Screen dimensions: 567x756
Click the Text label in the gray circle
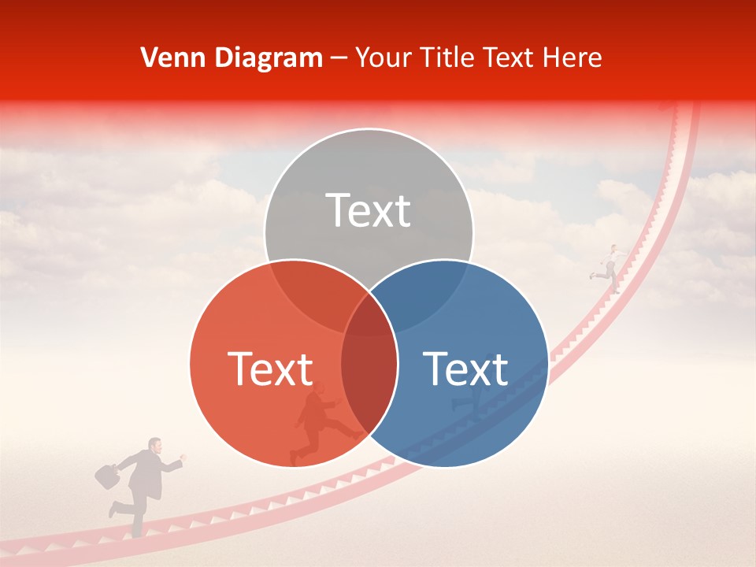pos(369,211)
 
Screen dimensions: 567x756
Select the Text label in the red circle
pos(270,369)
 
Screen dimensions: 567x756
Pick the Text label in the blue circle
pos(465,369)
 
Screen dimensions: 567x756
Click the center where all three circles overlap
pos(369,315)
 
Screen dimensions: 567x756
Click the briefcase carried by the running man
pos(106,475)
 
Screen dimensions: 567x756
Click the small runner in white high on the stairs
pos(610,269)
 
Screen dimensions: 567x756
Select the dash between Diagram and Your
pos(339,58)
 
